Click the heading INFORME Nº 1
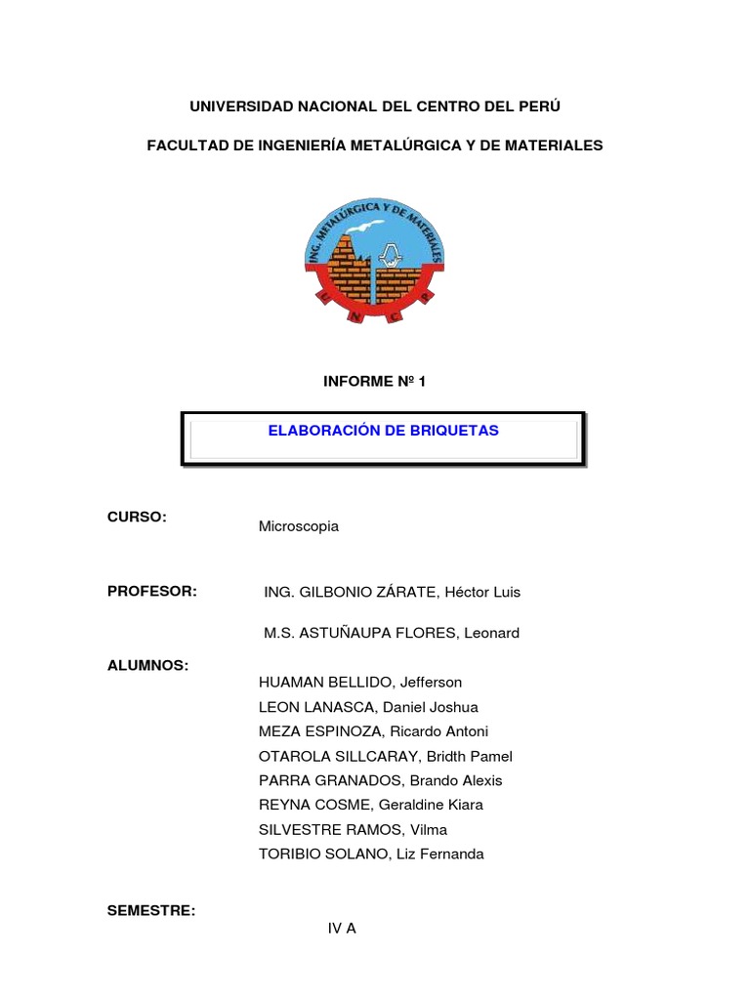click(375, 382)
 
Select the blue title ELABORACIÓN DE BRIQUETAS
click(384, 431)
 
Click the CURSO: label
click(138, 517)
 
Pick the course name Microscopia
click(298, 526)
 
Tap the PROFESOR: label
click(152, 592)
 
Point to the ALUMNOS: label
click(147, 665)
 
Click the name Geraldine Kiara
click(430, 805)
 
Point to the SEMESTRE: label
click(151, 911)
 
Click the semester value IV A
click(342, 929)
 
